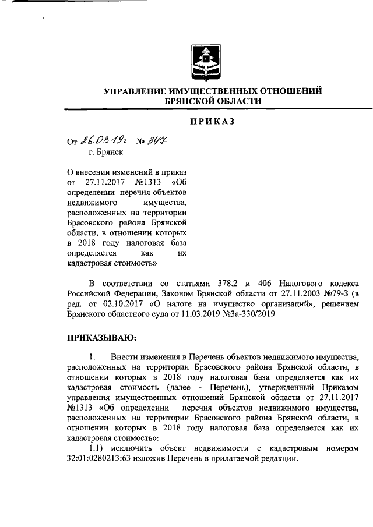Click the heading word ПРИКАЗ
click(212, 121)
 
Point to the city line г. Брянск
click(106, 153)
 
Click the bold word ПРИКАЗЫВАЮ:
click(102, 337)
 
